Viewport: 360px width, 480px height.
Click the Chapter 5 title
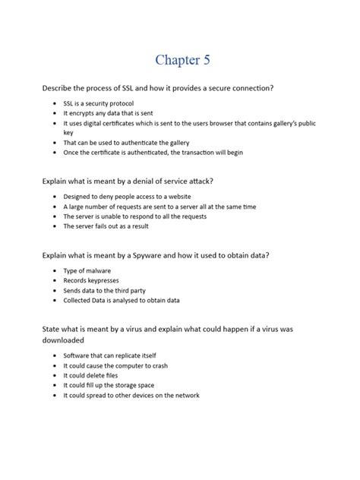(179, 60)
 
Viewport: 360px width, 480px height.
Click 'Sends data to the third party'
(104, 290)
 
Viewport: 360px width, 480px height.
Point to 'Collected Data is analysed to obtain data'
(121, 300)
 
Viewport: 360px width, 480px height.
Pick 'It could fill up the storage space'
(109, 385)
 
